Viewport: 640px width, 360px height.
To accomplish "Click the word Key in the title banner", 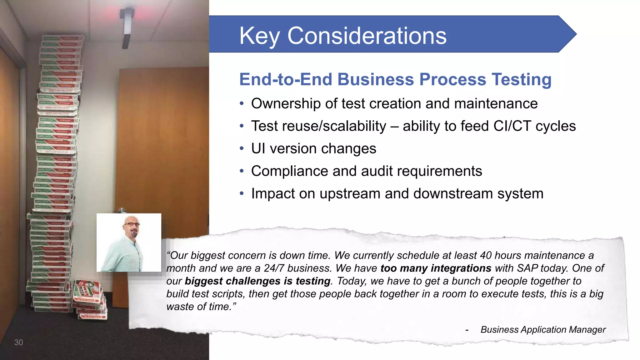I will tap(259, 36).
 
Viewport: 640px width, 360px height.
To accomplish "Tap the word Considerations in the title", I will tap(367, 36).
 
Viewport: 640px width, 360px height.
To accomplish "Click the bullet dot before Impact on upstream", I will tap(242, 194).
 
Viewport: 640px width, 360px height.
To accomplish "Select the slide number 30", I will tap(18, 342).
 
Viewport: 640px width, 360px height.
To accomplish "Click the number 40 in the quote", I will tap(486, 256).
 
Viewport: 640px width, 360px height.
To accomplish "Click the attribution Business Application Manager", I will tap(543, 330).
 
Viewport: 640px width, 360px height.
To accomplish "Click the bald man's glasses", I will tap(132, 224).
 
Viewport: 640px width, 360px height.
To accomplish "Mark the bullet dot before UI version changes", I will tap(242, 149).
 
